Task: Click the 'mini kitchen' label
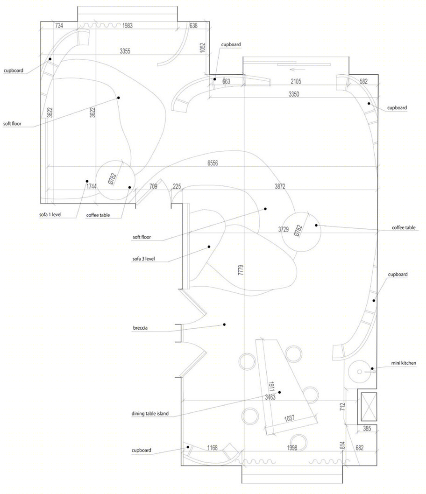click(403, 363)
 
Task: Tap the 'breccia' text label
click(140, 328)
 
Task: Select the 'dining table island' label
click(150, 413)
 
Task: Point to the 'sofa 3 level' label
click(144, 259)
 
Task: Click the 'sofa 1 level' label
click(50, 215)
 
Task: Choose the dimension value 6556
click(213, 163)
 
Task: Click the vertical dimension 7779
click(241, 270)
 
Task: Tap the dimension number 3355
click(125, 51)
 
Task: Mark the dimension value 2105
click(296, 81)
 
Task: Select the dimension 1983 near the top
click(128, 26)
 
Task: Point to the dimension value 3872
click(280, 186)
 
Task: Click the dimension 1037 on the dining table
click(289, 418)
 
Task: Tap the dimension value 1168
click(213, 448)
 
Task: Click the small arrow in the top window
click(298, 69)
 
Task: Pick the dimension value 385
click(367, 429)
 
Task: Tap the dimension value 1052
click(203, 48)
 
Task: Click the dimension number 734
click(59, 26)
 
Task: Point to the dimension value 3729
click(283, 229)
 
